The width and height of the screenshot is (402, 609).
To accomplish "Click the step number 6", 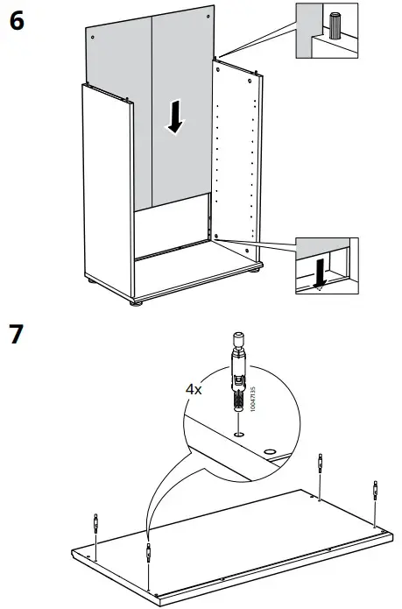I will click(17, 21).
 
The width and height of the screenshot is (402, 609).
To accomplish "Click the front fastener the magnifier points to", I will click(148, 553).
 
